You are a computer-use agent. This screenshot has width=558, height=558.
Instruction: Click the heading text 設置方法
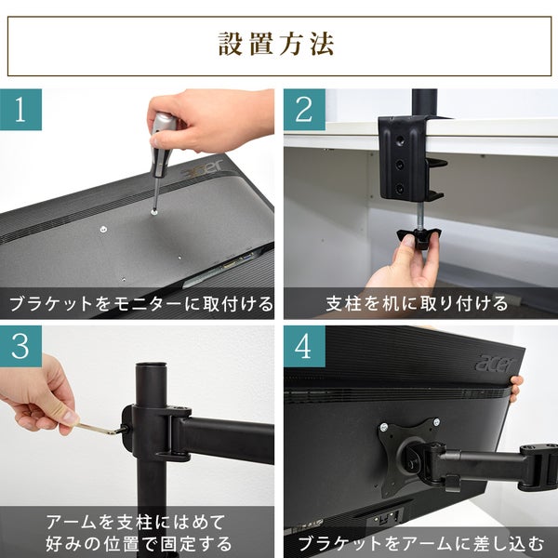pos(276,44)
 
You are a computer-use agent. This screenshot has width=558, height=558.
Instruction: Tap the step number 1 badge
pos(20,110)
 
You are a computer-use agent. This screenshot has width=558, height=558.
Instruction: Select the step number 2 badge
pos(304,110)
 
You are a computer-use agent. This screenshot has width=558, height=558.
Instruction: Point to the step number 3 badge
pos(20,346)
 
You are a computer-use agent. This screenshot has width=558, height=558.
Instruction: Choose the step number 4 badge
pos(304,346)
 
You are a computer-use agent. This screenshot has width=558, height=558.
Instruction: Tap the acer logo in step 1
pos(202,170)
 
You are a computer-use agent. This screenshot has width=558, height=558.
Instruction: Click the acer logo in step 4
pos(494,364)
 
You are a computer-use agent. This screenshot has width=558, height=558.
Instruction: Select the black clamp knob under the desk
pos(418,237)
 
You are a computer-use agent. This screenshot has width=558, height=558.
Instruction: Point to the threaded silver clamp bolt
pos(421,216)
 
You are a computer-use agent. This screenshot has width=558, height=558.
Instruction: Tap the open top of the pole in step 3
pos(152,365)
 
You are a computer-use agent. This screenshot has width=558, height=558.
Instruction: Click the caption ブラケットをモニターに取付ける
pos(140,304)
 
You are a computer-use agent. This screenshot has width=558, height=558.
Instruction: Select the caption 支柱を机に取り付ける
pos(417,304)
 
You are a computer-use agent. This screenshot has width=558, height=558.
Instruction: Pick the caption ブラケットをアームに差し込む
pos(421,544)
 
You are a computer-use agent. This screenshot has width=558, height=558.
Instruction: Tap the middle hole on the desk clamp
pos(400,165)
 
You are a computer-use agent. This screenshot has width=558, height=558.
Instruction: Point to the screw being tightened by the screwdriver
pos(154,212)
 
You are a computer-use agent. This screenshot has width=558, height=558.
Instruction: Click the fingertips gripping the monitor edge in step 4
pos(517,388)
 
